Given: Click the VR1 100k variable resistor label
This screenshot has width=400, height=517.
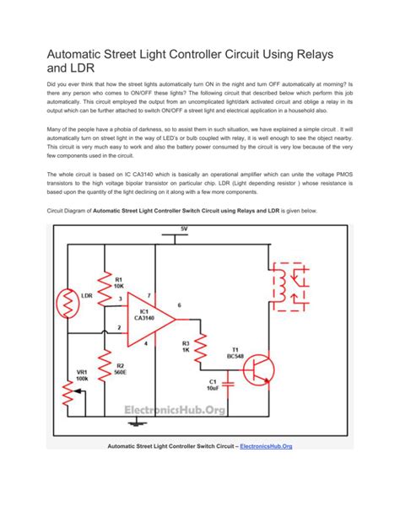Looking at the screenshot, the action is (83, 377).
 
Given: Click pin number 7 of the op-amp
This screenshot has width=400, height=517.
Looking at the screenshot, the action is (149, 294).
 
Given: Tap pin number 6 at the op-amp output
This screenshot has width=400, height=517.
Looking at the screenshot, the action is (178, 304).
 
